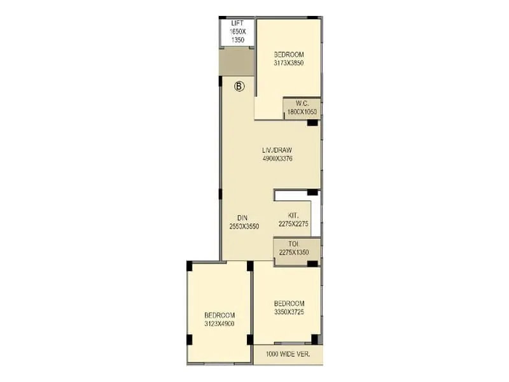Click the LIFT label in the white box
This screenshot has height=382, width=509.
[x=237, y=23]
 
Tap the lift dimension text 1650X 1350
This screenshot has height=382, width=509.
[x=237, y=35]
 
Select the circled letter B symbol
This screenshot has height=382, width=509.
[x=239, y=87]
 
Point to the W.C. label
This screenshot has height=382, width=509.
[x=302, y=104]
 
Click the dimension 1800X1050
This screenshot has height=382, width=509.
[x=302, y=112]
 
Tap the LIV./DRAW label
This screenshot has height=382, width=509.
[x=277, y=151]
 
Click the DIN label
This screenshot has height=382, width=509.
[x=234, y=218]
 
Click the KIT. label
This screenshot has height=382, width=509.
[x=293, y=215]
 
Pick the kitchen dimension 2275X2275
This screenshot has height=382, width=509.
[x=293, y=223]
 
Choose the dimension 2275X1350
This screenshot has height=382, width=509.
[x=293, y=253]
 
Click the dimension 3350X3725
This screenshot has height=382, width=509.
[x=289, y=312]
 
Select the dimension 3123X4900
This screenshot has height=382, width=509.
[x=220, y=324]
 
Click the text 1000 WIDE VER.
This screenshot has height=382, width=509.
[x=288, y=354]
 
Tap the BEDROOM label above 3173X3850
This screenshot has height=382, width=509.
[x=288, y=54]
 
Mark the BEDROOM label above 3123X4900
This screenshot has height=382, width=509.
[x=220, y=316]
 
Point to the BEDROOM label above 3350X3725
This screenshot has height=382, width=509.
[x=289, y=304]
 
